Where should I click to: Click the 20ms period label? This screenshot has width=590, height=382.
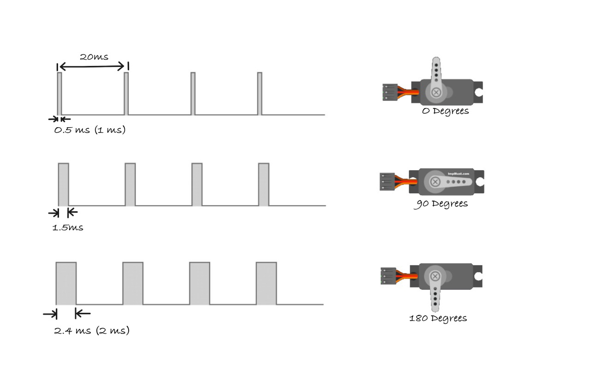[94, 57]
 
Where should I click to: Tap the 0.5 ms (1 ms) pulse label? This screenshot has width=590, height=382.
[90, 130]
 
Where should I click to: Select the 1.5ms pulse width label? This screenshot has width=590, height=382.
[68, 227]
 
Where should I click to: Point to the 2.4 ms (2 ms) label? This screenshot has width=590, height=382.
[92, 331]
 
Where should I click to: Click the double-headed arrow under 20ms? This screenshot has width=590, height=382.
[93, 67]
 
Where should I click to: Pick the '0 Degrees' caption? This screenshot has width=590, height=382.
[445, 111]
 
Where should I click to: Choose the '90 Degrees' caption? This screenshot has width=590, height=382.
[441, 203]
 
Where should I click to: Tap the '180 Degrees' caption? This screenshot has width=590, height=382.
[438, 318]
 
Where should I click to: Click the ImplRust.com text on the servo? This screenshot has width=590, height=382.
[458, 174]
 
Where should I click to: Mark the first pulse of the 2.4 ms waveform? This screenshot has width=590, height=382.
[66, 283]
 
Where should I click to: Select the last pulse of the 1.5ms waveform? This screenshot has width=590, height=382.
[264, 185]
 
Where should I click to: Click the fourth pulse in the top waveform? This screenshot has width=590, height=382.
[260, 93]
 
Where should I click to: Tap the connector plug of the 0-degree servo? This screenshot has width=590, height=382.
[389, 92]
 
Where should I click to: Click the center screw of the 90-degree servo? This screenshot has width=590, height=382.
[435, 182]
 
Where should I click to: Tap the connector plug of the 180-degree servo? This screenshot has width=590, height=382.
[388, 275]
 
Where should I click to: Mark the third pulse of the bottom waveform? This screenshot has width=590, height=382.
[200, 283]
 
